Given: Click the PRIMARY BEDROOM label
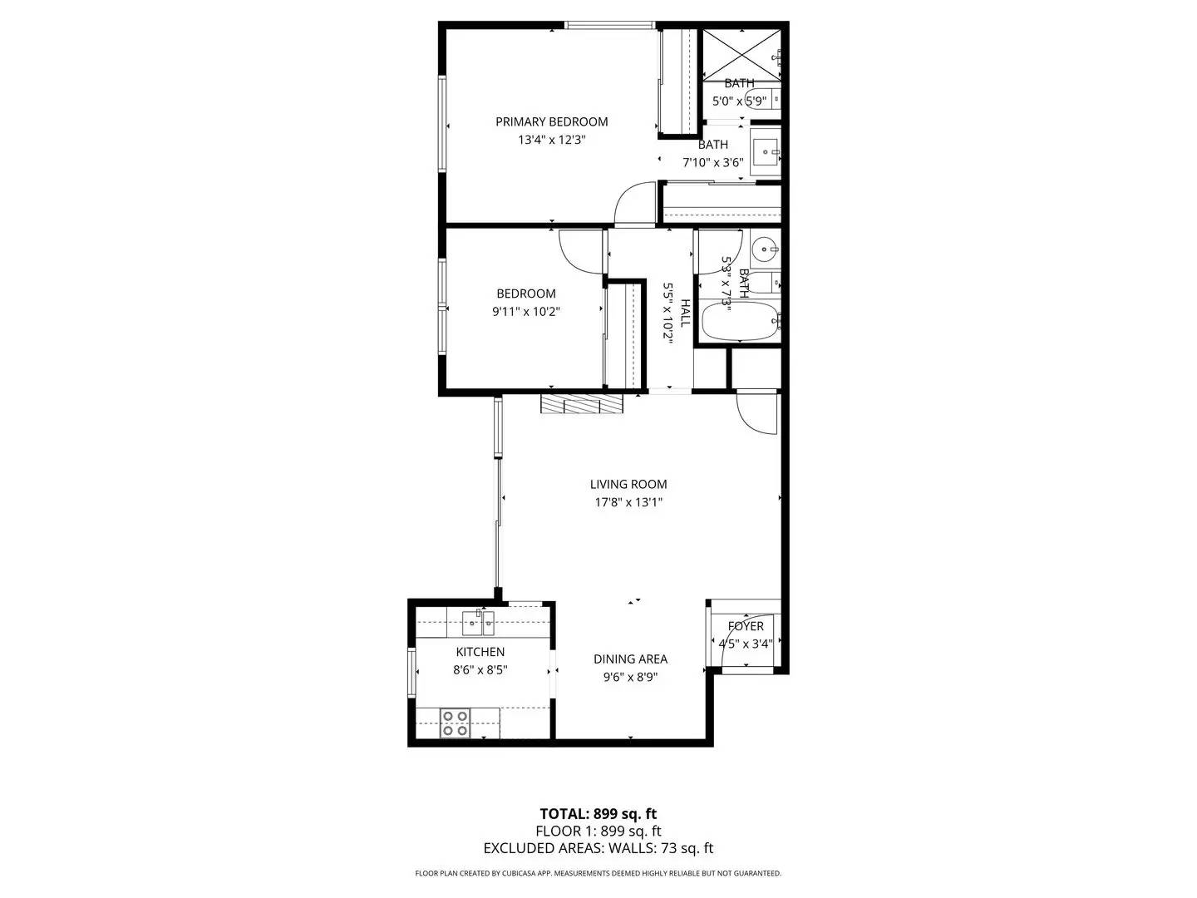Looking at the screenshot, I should coord(551,121).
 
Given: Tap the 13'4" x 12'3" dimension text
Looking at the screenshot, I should coord(551,141).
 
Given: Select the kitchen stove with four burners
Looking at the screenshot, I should coord(455,723).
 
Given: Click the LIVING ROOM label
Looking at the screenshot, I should coord(628,484).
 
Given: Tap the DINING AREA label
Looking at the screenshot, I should coord(630,659).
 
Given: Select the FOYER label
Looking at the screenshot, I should coord(746,626).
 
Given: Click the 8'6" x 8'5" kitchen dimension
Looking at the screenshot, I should coord(480,669).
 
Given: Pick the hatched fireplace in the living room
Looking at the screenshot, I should coord(582,404).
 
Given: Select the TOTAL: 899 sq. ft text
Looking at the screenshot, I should coord(598,814).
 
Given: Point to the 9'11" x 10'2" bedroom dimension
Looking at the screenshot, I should coord(526,313).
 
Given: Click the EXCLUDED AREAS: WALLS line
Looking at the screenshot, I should coord(598,849).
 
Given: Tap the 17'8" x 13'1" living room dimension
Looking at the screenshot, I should coord(628,502).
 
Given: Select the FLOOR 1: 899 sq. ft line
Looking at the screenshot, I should coord(598,831).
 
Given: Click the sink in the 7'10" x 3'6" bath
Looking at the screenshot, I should coord(766,152).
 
